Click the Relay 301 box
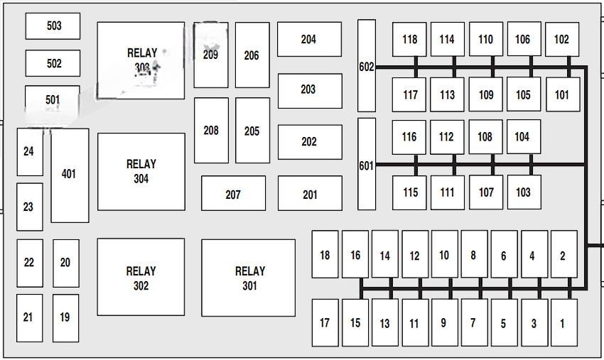tap(248, 278)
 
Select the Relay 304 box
tap(141, 171)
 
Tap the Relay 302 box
tap(141, 278)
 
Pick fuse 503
tap(53, 26)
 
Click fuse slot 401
tap(70, 175)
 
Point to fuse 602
tap(366, 66)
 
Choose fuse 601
tap(366, 165)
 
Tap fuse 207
tap(233, 194)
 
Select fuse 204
tap(309, 40)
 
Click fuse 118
tap(409, 40)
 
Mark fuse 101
tap(562, 94)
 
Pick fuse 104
tap(523, 137)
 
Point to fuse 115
tap(410, 192)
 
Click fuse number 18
tap(325, 254)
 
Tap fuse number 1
tap(563, 323)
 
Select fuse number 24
tap(29, 151)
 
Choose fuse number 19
tap(65, 317)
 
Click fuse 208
tap(211, 131)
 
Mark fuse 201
tap(310, 194)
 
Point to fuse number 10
tap(444, 254)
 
